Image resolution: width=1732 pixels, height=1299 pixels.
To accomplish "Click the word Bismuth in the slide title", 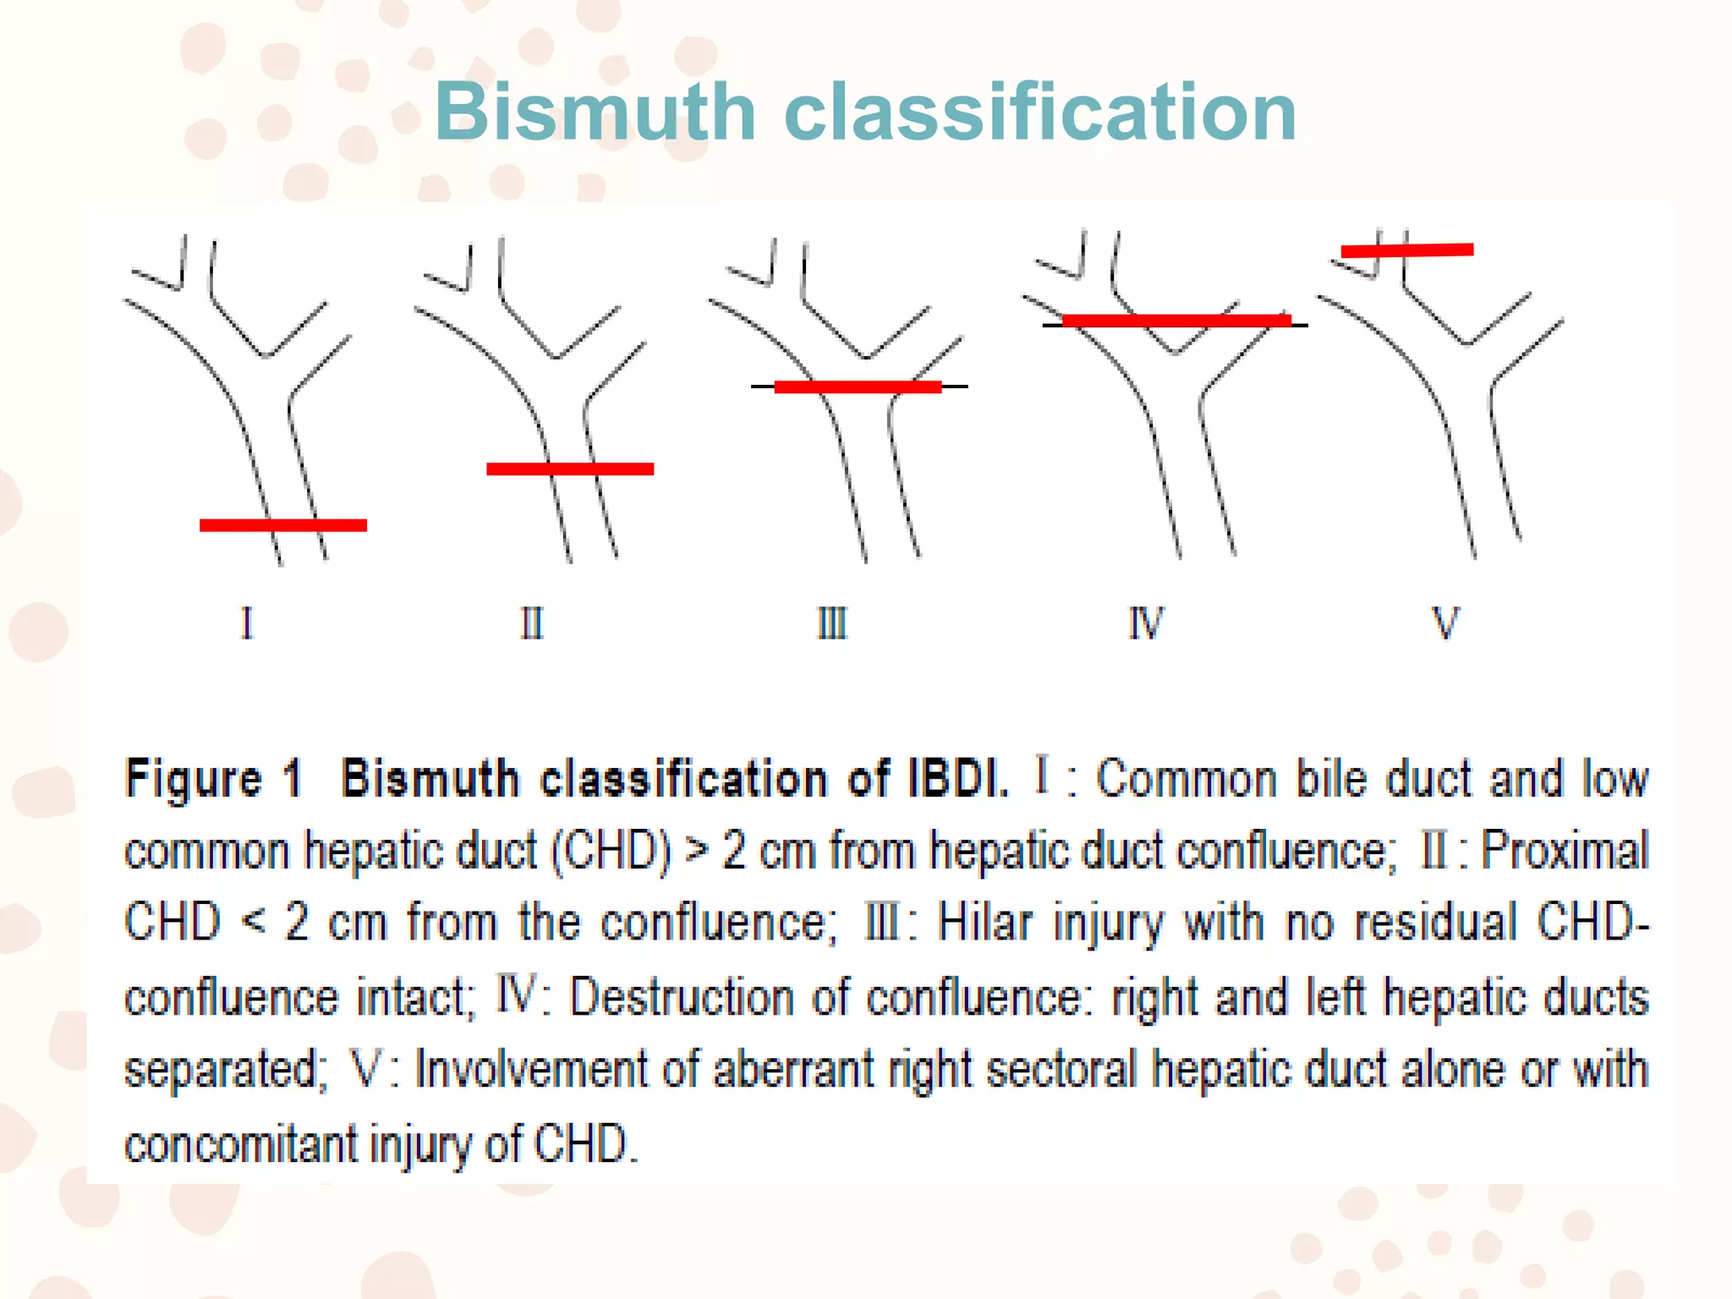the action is (x=595, y=112).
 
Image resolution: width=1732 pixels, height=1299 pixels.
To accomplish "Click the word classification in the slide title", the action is (x=1040, y=112).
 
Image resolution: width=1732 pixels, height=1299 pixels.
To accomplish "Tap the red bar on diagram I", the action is (x=283, y=525).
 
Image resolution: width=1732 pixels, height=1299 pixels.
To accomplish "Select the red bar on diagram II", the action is (x=570, y=469).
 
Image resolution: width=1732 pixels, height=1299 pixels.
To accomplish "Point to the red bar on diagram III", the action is (x=858, y=386).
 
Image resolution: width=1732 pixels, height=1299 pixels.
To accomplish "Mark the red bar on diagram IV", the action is (x=1176, y=320).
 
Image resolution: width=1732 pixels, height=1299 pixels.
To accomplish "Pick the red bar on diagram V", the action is (x=1407, y=249).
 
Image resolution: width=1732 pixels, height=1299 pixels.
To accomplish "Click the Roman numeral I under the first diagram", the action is (x=247, y=623).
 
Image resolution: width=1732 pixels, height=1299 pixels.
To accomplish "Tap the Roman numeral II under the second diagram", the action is (x=532, y=623).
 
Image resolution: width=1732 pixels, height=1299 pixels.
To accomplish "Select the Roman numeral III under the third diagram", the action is (x=832, y=623).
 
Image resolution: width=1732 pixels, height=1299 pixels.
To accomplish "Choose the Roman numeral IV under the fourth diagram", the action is (x=1146, y=623).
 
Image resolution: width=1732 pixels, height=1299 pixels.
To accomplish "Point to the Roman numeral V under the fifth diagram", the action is (x=1445, y=623).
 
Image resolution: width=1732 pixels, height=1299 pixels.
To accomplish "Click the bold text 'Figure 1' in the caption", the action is (x=213, y=778).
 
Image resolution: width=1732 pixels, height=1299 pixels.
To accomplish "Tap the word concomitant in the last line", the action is (x=241, y=1144).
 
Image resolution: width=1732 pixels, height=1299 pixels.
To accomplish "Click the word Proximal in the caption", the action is (x=1565, y=850).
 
